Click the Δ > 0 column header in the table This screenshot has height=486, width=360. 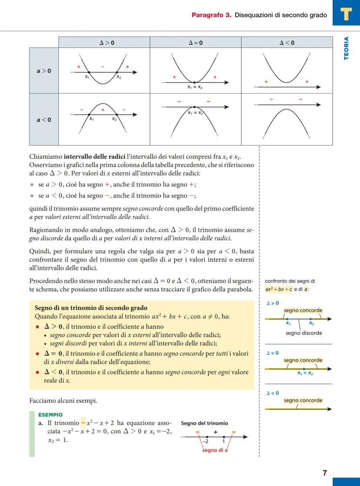(104, 42)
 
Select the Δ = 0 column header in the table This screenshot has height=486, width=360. (195, 42)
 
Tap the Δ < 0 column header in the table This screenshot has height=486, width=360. (287, 42)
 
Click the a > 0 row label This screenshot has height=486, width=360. (43, 70)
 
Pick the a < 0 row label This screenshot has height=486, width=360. (43, 120)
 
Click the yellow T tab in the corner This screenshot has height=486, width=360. (346, 13)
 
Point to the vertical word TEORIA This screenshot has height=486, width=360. (347, 48)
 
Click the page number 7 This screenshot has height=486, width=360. (325, 473)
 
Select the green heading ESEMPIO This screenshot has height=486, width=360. (50, 415)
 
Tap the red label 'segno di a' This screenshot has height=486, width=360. (215, 450)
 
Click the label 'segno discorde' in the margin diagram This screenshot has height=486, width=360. (304, 333)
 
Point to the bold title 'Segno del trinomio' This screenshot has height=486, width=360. (204, 423)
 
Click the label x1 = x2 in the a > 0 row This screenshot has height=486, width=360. (195, 87)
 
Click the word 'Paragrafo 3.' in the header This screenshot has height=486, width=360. (211, 15)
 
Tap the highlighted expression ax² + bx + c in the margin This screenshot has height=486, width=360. (278, 289)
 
